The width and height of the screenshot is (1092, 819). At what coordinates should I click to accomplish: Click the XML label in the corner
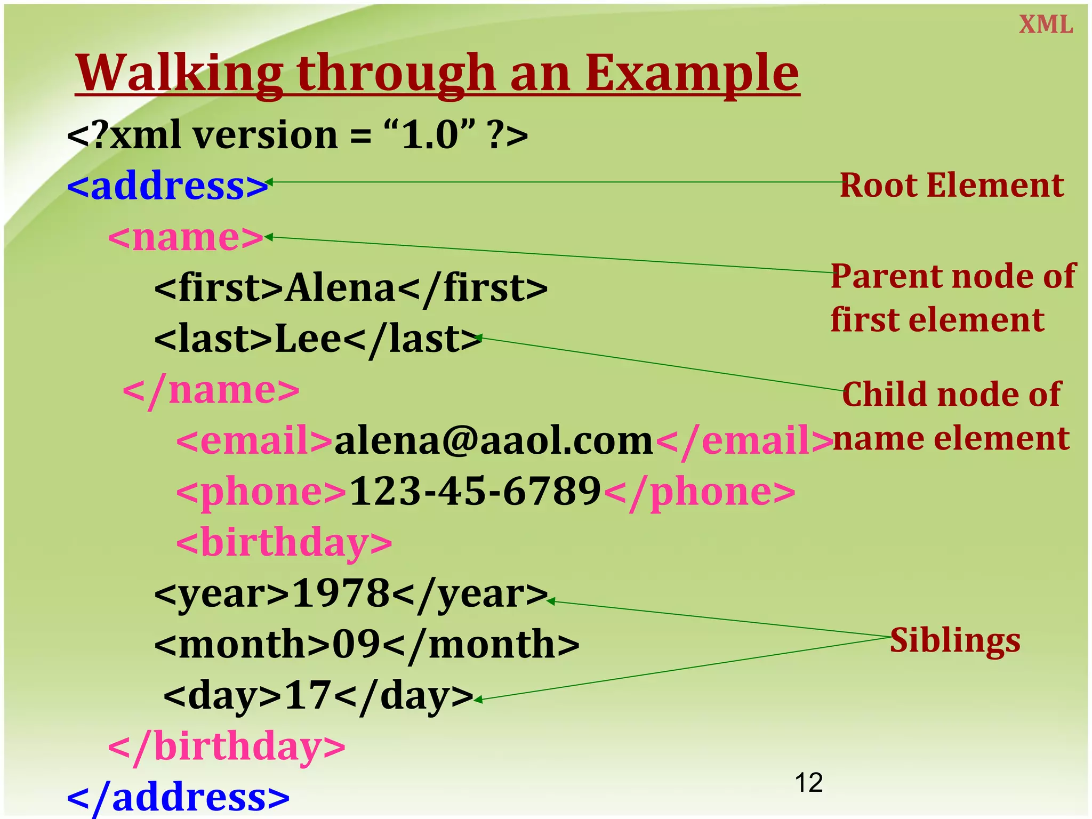(x=1046, y=25)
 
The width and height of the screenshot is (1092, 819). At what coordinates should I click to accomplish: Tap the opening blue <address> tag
(x=167, y=186)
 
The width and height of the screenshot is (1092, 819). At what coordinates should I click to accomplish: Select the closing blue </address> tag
(x=178, y=797)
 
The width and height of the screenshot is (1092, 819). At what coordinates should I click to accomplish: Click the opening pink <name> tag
(x=186, y=237)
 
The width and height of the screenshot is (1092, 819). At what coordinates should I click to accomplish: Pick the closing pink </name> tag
(x=211, y=390)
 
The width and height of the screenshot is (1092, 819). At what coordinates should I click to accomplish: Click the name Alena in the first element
(x=340, y=288)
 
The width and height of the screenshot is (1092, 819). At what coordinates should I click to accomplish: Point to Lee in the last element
(x=308, y=339)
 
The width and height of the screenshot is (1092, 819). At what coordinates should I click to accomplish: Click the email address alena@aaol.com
(x=493, y=441)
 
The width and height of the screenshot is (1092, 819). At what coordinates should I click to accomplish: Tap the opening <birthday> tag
(x=284, y=543)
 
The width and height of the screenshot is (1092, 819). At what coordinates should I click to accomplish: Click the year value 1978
(x=341, y=593)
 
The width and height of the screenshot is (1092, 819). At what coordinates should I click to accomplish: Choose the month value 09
(x=356, y=644)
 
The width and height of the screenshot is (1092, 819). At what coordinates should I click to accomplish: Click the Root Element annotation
(x=951, y=186)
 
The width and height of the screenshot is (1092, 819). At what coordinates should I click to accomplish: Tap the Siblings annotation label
(x=954, y=640)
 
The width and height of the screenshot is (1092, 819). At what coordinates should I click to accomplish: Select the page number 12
(x=808, y=783)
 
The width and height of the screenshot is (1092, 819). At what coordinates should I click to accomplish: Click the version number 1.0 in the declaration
(x=430, y=135)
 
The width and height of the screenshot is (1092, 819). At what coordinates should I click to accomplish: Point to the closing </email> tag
(x=743, y=441)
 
